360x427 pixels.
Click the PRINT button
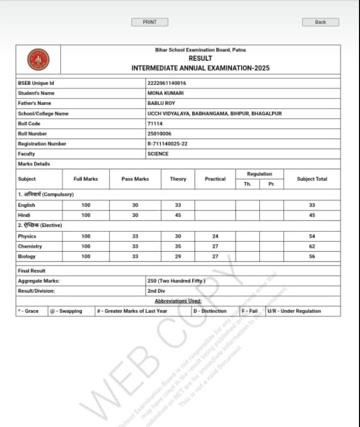[149, 22]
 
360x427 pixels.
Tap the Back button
[320, 22]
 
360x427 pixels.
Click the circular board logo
[38, 60]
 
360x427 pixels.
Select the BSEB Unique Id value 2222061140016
[164, 83]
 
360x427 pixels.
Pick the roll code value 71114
[155, 123]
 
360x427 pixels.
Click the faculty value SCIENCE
[158, 154]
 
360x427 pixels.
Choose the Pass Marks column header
[135, 179]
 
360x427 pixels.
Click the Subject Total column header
[312, 179]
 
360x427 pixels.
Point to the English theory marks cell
[178, 205]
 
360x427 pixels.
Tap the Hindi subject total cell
[312, 215]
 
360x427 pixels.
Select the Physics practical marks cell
[215, 236]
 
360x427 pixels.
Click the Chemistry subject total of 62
[312, 246]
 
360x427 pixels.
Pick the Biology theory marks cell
[178, 256]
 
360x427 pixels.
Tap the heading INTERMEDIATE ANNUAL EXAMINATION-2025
[200, 68]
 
